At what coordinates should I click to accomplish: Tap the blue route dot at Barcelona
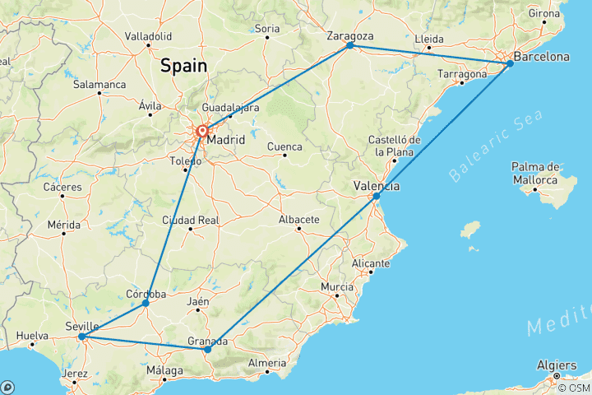pyautogui.click(x=510, y=63)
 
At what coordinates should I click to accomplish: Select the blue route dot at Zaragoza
pyautogui.click(x=350, y=45)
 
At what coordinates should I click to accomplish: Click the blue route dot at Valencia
pyautogui.click(x=376, y=196)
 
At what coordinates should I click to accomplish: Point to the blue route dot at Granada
pyautogui.click(x=207, y=350)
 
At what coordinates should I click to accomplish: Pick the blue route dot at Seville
pyautogui.click(x=81, y=337)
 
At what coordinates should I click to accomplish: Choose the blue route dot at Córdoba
pyautogui.click(x=146, y=303)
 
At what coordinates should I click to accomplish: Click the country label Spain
pyautogui.click(x=183, y=65)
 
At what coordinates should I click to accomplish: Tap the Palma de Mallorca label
pyautogui.click(x=534, y=174)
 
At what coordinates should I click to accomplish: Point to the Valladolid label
pyautogui.click(x=148, y=36)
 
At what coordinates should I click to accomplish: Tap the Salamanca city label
pyautogui.click(x=99, y=85)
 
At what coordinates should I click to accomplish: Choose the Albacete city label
pyautogui.click(x=298, y=220)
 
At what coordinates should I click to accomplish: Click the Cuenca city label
pyautogui.click(x=284, y=146)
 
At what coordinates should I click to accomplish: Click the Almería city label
pyautogui.click(x=269, y=363)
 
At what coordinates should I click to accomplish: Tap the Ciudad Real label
pyautogui.click(x=191, y=220)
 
